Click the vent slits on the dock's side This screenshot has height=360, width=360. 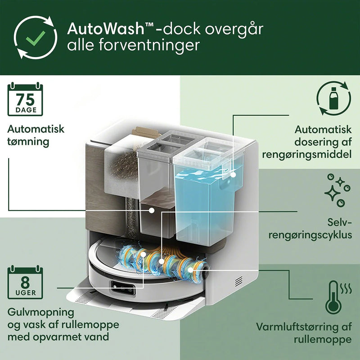238,281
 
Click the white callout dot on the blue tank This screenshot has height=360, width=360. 233,172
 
